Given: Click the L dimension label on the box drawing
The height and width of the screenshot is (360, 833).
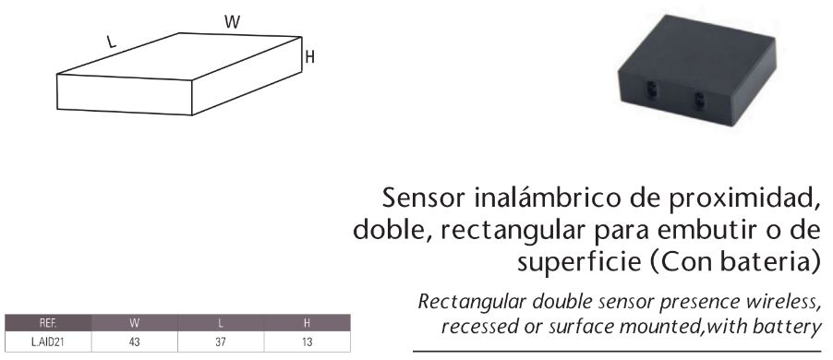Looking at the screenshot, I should pyautogui.click(x=111, y=42).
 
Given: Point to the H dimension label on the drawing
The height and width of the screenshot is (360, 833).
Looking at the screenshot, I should pyautogui.click(x=310, y=57).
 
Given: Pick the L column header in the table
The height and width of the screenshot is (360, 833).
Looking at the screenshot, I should pyautogui.click(x=221, y=324).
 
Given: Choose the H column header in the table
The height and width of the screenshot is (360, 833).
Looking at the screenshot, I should pyautogui.click(x=308, y=324).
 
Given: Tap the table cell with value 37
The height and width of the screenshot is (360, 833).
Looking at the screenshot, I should pyautogui.click(x=221, y=342).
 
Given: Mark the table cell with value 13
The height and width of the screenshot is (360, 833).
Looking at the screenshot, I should pyautogui.click(x=308, y=342).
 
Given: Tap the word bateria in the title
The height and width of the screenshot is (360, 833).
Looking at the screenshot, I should pyautogui.click(x=767, y=260).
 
